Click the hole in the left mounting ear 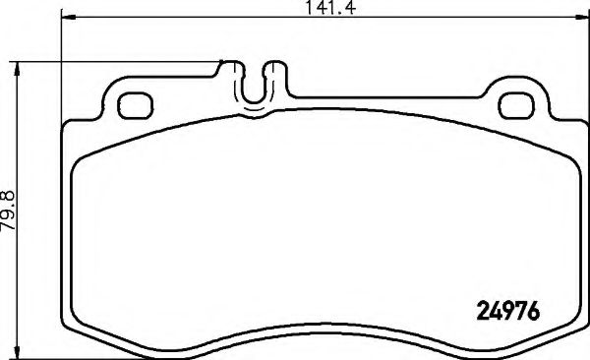131,103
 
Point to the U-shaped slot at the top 254,87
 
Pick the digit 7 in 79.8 10,227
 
